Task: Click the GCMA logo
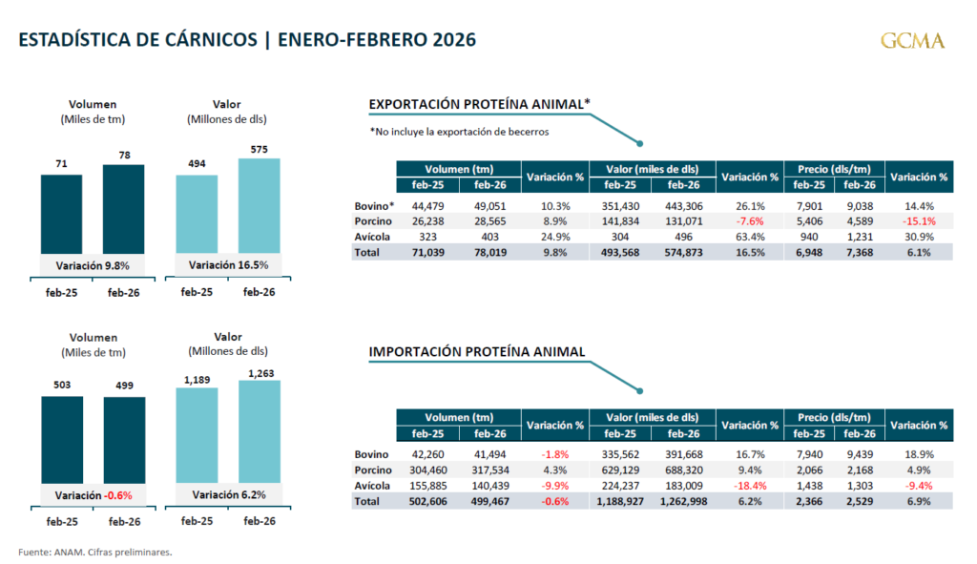[913, 40]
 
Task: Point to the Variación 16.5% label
[228, 264]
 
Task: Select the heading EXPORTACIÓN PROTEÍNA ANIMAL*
[480, 104]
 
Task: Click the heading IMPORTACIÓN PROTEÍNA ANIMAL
[477, 352]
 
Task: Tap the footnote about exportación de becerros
[459, 132]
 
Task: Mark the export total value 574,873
[683, 252]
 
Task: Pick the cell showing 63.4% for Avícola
[749, 237]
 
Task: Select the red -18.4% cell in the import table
[749, 485]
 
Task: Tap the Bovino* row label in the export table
[373, 206]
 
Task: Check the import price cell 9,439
[863, 454]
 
